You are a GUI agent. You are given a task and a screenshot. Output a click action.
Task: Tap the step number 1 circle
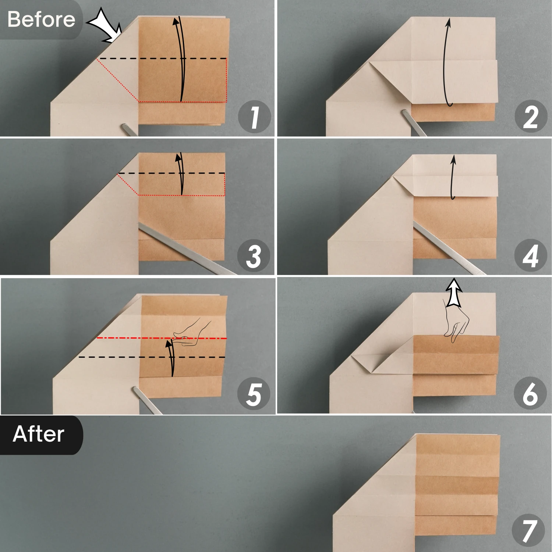(x=254, y=117)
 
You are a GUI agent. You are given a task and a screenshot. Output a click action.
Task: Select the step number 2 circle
(x=530, y=117)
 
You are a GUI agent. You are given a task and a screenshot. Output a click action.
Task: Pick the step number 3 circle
(x=254, y=255)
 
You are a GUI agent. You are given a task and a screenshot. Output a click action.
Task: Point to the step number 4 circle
(x=530, y=255)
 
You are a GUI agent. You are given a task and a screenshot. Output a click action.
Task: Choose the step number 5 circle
(x=254, y=394)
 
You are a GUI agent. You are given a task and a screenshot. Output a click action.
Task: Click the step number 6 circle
(x=530, y=393)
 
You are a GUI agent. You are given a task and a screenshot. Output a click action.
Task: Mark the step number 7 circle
(x=528, y=530)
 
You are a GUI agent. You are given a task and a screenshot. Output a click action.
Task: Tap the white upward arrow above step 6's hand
(x=454, y=292)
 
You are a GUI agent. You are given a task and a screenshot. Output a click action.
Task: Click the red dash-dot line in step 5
(x=162, y=338)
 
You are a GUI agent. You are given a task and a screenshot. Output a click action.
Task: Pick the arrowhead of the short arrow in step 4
(x=453, y=159)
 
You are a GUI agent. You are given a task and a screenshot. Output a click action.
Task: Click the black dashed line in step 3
(x=171, y=173)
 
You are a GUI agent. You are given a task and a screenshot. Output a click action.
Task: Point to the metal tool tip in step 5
(x=135, y=390)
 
